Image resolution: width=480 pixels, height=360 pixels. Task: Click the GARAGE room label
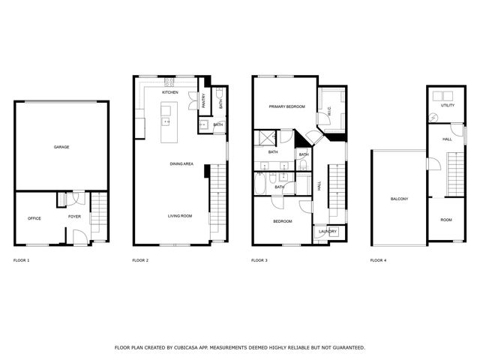[x=61, y=147]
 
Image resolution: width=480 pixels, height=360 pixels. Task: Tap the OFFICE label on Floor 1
[x=34, y=218]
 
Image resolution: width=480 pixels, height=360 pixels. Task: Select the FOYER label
[x=75, y=217]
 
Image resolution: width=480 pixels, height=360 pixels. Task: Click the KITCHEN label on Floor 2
[x=170, y=92]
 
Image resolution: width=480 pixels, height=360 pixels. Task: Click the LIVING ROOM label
[x=180, y=216]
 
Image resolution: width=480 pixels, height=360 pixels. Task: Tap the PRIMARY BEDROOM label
[x=287, y=106]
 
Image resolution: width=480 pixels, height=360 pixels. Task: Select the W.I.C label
[x=328, y=112]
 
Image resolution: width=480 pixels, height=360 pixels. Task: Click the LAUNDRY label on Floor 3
[x=327, y=232]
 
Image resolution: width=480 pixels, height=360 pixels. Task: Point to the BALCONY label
[x=399, y=199]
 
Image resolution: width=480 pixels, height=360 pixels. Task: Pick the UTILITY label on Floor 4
[x=447, y=106]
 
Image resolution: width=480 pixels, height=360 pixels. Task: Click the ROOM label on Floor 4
[x=446, y=220]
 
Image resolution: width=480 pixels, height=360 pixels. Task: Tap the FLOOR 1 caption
[x=22, y=260]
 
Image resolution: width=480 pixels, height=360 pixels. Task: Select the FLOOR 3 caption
[x=259, y=260]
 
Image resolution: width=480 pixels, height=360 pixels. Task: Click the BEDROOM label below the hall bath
[x=282, y=221]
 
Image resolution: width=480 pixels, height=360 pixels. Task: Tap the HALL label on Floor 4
[x=447, y=139]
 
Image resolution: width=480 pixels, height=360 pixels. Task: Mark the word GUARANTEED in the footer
[x=348, y=348]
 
